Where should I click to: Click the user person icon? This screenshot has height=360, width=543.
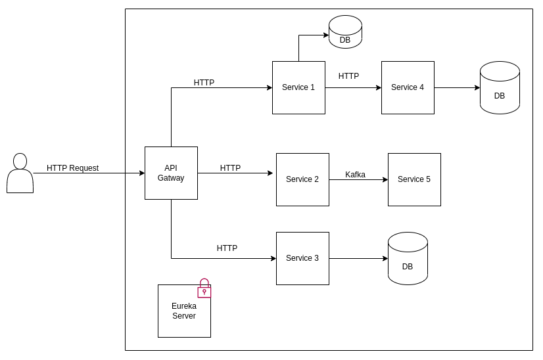[20, 173]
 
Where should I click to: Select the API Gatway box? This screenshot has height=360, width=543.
[171, 173]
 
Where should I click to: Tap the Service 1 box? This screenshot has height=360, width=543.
[298, 87]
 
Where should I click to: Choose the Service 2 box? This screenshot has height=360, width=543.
[302, 179]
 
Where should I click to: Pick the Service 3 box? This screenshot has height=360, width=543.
[302, 258]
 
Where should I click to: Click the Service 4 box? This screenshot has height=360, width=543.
[408, 87]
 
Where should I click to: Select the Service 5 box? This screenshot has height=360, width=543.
[414, 179]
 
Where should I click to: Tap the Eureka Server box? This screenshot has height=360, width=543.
[184, 311]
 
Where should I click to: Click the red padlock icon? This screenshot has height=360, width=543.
[204, 288]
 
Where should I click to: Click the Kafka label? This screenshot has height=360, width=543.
[355, 175]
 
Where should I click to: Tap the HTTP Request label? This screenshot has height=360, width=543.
[72, 168]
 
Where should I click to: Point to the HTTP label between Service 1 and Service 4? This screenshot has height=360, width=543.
[348, 76]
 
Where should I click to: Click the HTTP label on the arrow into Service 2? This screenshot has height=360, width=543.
[230, 168]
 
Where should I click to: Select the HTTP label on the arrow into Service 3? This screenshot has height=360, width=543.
[227, 248]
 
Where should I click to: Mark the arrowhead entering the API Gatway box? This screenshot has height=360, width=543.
[141, 173]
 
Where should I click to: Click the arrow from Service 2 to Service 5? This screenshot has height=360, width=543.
[358, 180]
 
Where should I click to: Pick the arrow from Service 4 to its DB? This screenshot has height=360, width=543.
[457, 87]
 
